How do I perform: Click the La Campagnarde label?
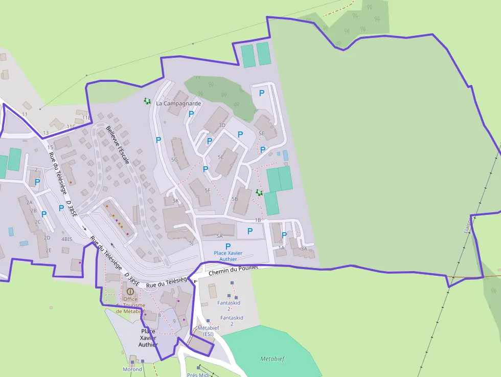coord(178,103)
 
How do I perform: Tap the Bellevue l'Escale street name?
coord(118,146)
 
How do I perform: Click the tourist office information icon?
coord(130,291)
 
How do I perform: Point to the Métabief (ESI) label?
coord(208,330)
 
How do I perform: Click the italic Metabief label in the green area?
coord(272,359)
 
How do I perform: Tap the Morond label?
coord(132,369)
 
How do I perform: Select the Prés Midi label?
coord(198,374)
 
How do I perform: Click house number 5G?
coord(174,160)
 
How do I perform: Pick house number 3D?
coord(222,125)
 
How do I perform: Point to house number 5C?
coord(220,157)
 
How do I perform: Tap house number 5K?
coord(176,201)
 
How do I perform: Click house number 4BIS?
coord(67,239)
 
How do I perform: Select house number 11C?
coord(71,126)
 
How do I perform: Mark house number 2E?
coord(49,250)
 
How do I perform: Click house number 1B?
coord(258,220)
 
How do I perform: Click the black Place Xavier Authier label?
coord(148,338)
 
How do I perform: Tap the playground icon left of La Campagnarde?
coord(147,102)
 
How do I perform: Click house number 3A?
coord(304,249)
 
